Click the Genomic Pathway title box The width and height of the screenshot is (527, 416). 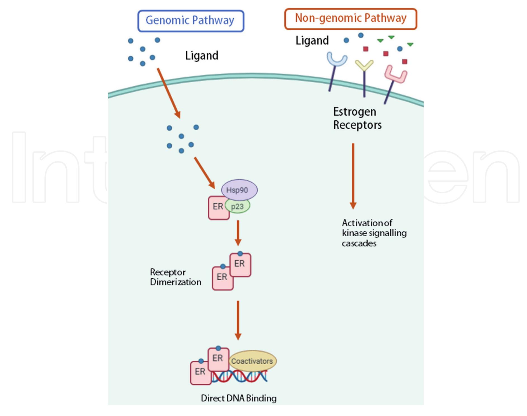(x=191, y=21)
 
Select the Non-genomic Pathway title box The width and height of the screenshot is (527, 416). (x=351, y=19)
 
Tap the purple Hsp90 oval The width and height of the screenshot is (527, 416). (x=239, y=190)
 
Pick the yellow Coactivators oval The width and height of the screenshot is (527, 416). (x=252, y=361)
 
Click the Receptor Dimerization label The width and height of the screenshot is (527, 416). (x=175, y=277)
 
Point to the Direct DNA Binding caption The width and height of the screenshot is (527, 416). (x=238, y=398)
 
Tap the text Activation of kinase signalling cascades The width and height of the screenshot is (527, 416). (x=374, y=233)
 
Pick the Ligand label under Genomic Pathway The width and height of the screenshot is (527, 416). (x=202, y=55)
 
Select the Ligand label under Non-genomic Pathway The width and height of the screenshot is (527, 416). (x=312, y=41)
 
